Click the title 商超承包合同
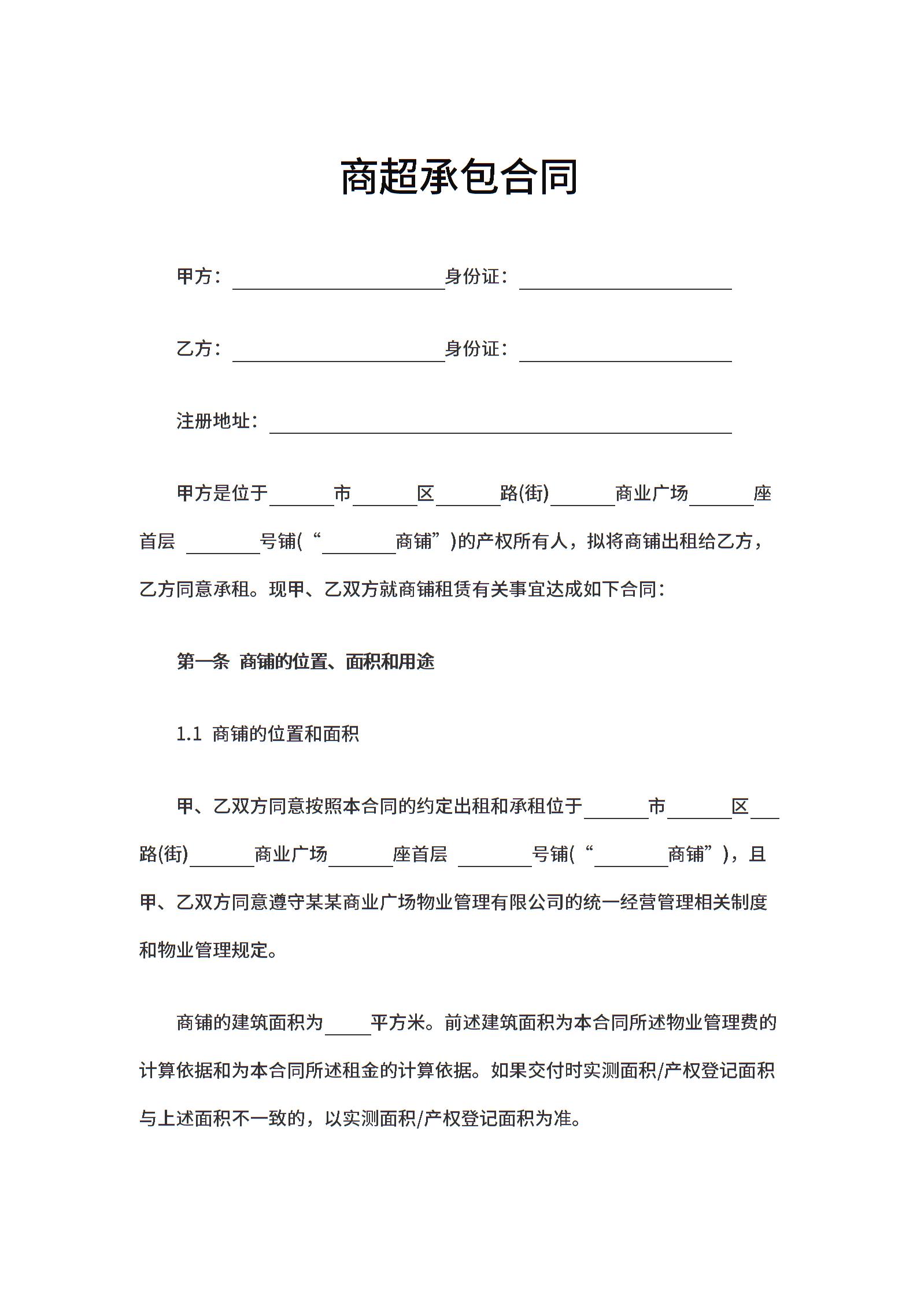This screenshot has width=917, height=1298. click(x=458, y=176)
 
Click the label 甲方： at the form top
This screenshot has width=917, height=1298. click(x=198, y=276)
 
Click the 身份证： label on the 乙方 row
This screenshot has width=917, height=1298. click(x=476, y=349)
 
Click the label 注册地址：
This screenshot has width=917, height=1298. click(x=217, y=421)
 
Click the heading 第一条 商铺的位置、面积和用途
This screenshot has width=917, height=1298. click(x=305, y=662)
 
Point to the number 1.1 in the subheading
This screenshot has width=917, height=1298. click(x=188, y=734)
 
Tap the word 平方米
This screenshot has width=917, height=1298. click(x=398, y=1023)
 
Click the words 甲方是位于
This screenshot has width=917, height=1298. click(x=223, y=493)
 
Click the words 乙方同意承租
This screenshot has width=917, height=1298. click(x=195, y=589)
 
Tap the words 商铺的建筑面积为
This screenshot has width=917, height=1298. click(x=250, y=1023)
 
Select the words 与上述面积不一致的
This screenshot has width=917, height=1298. click(x=222, y=1119)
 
